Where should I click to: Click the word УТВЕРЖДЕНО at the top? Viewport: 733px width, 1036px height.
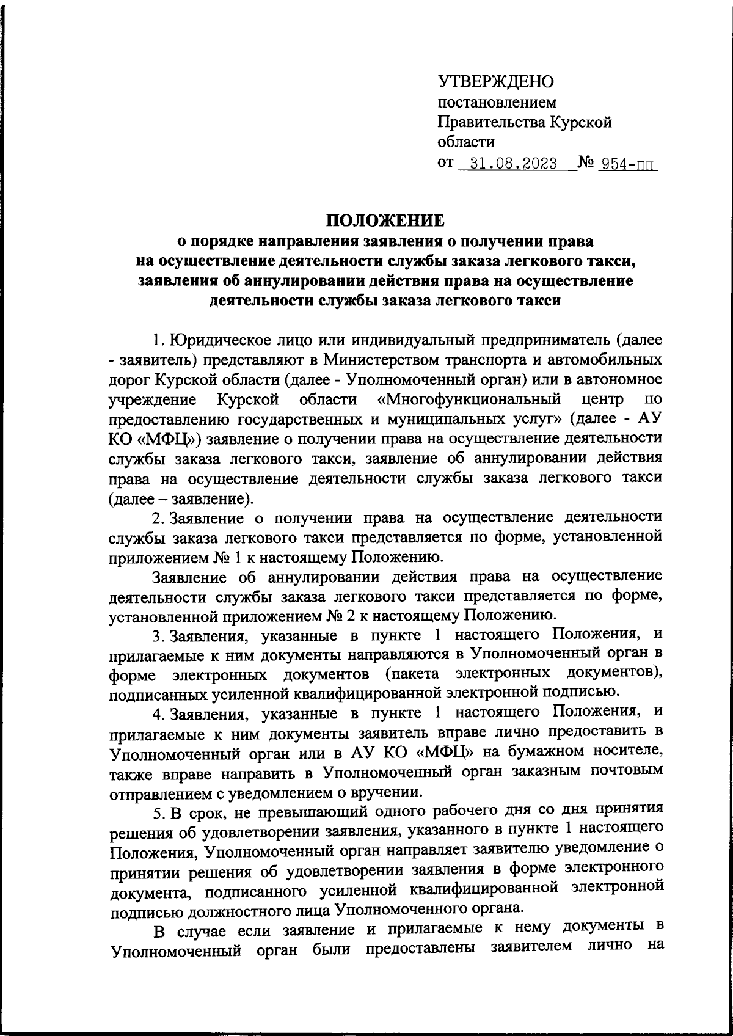(495, 81)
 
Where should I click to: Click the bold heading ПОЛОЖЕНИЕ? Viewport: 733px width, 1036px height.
(385, 219)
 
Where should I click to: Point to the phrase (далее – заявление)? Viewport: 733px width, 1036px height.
(181, 498)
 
